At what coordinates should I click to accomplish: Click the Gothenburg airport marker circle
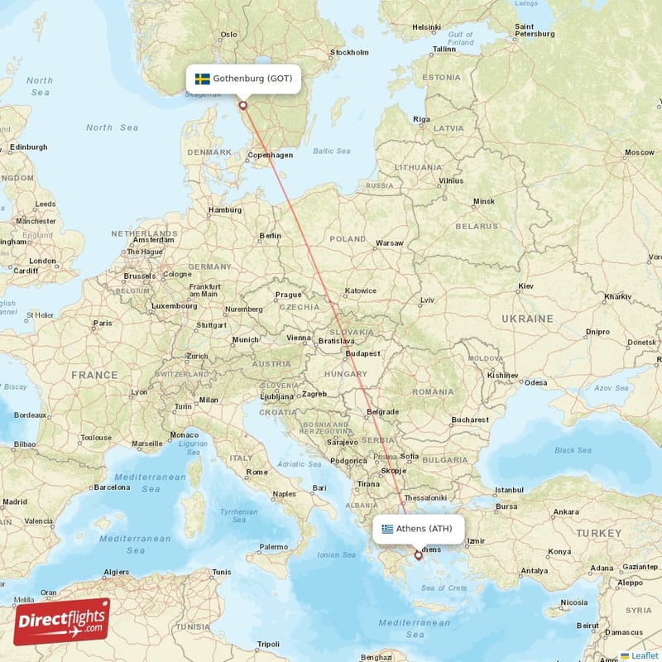click(x=242, y=105)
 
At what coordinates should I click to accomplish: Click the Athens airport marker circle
click(x=418, y=555)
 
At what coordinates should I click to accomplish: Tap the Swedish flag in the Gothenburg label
click(x=202, y=79)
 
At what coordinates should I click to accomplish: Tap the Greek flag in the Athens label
click(x=387, y=529)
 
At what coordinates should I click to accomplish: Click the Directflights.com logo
click(x=61, y=621)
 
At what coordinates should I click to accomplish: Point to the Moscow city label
click(x=639, y=152)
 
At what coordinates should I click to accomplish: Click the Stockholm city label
click(x=348, y=52)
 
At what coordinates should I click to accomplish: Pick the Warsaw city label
click(x=389, y=243)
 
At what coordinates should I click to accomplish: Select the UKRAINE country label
click(x=527, y=319)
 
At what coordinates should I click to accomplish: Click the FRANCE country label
click(x=94, y=375)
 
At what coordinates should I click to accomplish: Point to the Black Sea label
click(x=573, y=450)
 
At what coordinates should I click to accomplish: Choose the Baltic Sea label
click(x=332, y=151)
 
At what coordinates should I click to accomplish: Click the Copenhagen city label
click(x=271, y=155)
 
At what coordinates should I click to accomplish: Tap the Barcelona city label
click(x=112, y=487)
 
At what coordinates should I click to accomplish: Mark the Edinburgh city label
click(x=28, y=147)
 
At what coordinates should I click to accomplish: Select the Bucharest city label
click(x=470, y=420)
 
